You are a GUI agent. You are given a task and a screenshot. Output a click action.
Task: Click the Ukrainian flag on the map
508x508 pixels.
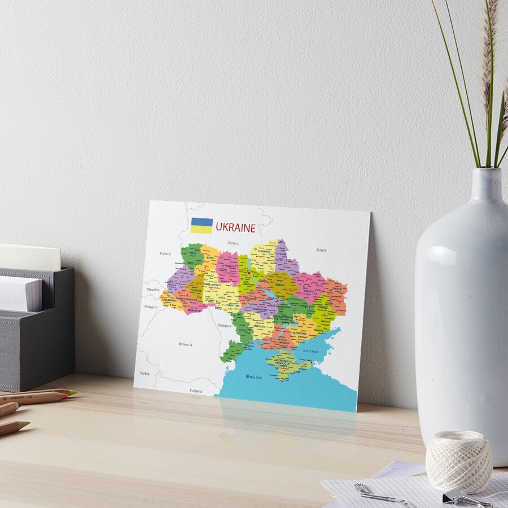tap(202, 225)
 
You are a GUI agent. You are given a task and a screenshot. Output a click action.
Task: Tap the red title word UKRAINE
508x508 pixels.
tap(235, 228)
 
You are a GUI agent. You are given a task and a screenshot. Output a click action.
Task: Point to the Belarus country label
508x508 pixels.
tap(233, 243)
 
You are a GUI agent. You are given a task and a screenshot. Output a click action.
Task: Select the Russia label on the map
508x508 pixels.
tap(321, 249)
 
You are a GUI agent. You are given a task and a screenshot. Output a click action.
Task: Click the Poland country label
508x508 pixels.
tap(165, 254)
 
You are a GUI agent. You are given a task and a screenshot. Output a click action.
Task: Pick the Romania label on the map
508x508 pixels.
tap(185, 344)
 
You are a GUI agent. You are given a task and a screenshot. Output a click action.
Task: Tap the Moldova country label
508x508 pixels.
tap(225, 326)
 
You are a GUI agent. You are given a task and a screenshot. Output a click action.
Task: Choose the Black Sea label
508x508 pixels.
tap(254, 376)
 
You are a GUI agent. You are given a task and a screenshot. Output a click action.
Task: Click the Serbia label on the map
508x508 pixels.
tap(145, 373)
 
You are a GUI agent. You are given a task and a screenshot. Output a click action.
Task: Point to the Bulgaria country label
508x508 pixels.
tap(196, 390)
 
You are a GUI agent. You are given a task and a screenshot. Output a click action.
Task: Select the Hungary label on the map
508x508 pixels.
tap(151, 306)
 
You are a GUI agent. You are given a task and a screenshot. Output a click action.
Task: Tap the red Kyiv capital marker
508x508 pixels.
tap(249, 272)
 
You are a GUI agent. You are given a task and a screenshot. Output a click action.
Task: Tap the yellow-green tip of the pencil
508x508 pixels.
tap(73, 392)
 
